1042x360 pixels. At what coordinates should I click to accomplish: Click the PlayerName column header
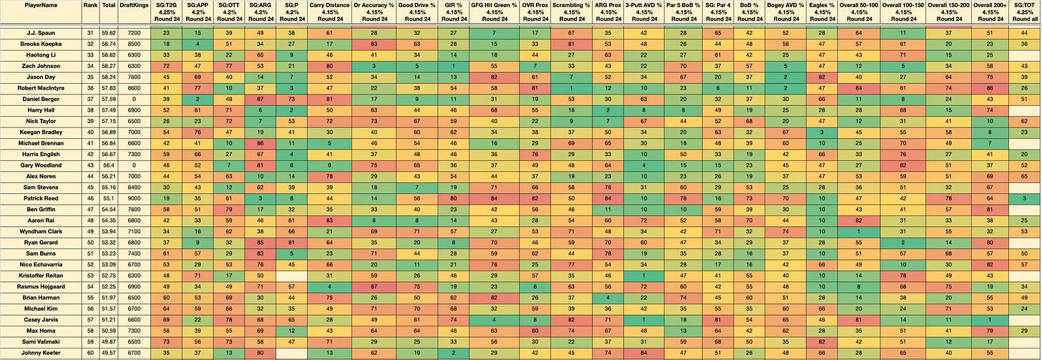pos(42,5)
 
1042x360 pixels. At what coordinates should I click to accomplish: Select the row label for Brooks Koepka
pos(41,44)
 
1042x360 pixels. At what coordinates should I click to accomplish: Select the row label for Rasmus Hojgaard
pos(41,287)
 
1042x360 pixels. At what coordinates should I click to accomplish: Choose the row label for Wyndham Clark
pos(41,232)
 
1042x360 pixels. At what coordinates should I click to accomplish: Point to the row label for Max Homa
pos(41,331)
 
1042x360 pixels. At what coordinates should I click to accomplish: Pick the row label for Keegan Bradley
pos(41,132)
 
